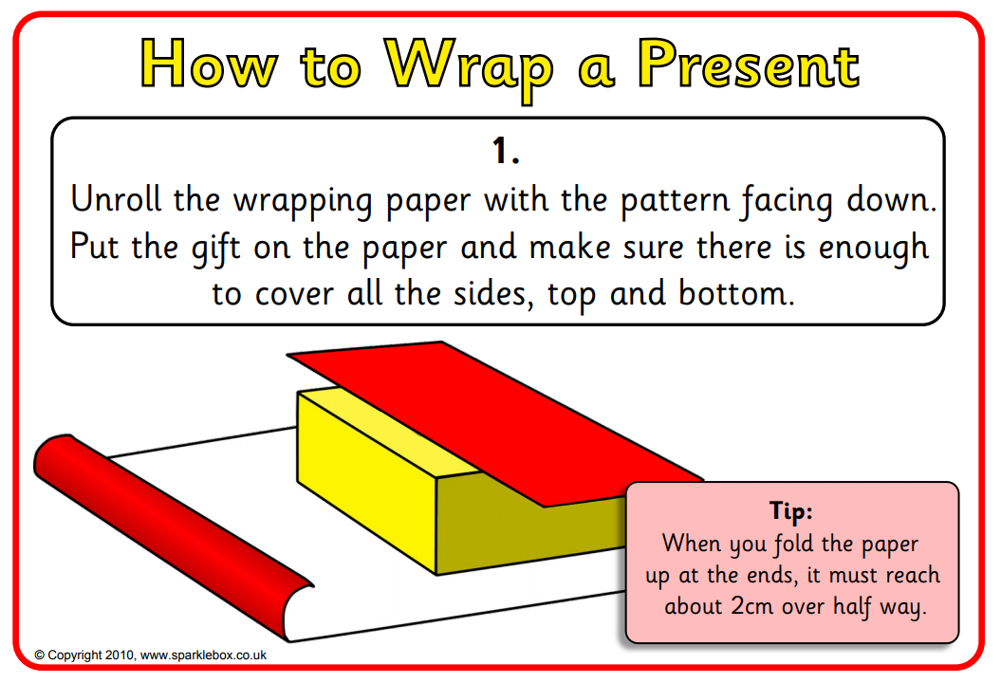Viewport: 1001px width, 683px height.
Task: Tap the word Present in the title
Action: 749,64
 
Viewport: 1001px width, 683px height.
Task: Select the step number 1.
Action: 505,152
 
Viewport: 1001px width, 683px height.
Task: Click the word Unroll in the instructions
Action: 116,198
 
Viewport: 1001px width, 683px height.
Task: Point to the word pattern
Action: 676,200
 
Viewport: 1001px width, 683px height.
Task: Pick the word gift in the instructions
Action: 215,248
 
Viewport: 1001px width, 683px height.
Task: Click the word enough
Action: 873,248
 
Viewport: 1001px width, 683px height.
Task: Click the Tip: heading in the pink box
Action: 791,510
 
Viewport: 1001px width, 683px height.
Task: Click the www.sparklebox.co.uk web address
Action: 203,655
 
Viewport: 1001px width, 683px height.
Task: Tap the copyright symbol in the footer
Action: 40,655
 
